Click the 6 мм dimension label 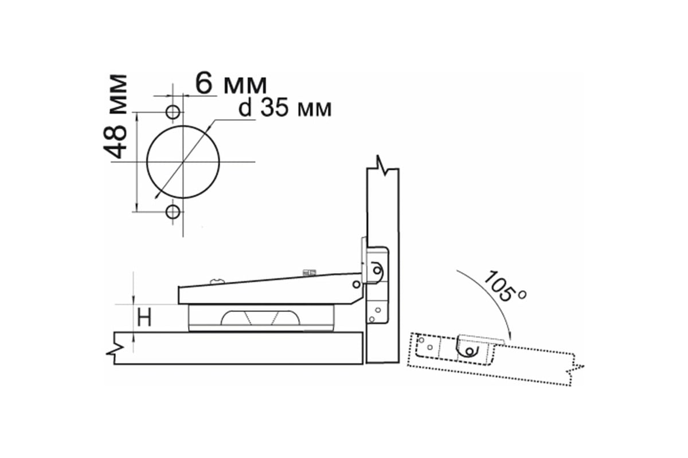pos(231,84)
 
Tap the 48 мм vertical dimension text pos(115,116)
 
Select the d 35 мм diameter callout pos(285,108)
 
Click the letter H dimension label pos(144,318)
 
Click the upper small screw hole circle pos(173,112)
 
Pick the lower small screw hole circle pos(173,212)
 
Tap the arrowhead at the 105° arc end pos(509,335)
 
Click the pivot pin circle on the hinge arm pos(356,285)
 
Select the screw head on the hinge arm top pos(217,281)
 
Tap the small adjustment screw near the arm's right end pos(309,272)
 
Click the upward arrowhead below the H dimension pos(133,338)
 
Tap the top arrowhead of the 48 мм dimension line pos(136,117)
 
